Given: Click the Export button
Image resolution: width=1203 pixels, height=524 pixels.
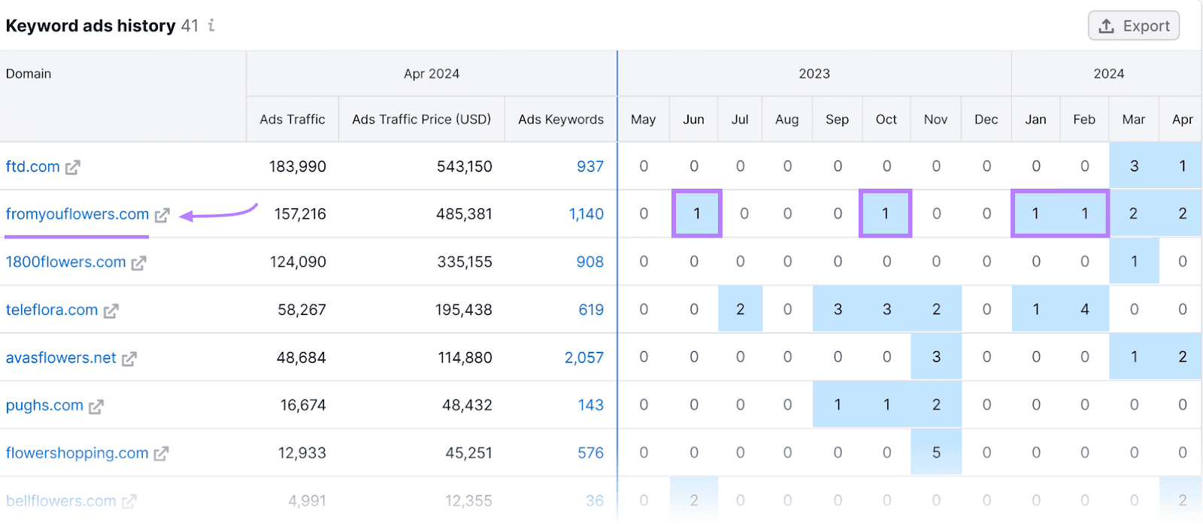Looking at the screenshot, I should (1133, 26).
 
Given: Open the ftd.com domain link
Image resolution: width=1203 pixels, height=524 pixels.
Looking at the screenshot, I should (32, 167).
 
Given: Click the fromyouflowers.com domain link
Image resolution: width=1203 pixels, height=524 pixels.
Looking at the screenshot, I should (77, 214).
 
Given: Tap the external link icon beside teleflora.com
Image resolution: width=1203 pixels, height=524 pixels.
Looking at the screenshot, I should (111, 310).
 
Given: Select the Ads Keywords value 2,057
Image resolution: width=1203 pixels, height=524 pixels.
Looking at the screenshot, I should (583, 358).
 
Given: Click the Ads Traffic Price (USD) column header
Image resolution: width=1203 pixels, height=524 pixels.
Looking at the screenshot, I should (421, 120).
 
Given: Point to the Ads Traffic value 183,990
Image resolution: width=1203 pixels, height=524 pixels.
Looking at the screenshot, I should (297, 167).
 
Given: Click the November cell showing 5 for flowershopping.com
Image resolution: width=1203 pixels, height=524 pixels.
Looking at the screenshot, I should (935, 453).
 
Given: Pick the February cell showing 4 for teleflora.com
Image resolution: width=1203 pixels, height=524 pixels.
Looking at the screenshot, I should (1084, 310).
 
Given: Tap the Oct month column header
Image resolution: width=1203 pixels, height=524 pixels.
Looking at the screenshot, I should (886, 120).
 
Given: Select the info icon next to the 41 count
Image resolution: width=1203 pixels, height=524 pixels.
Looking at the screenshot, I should (212, 26).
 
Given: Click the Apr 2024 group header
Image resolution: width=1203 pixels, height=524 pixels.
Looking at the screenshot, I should (431, 74).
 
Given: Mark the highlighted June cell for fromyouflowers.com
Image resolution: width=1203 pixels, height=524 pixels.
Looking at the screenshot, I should (696, 214).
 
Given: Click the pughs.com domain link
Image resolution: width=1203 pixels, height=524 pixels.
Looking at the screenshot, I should (44, 405).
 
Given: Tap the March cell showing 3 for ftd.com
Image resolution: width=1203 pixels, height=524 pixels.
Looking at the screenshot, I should (1133, 166).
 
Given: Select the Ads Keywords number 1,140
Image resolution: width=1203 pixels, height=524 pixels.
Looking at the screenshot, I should (586, 214).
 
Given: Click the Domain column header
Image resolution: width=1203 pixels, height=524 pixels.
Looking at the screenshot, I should (29, 74).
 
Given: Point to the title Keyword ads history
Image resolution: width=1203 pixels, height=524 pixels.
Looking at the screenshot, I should (90, 26).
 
